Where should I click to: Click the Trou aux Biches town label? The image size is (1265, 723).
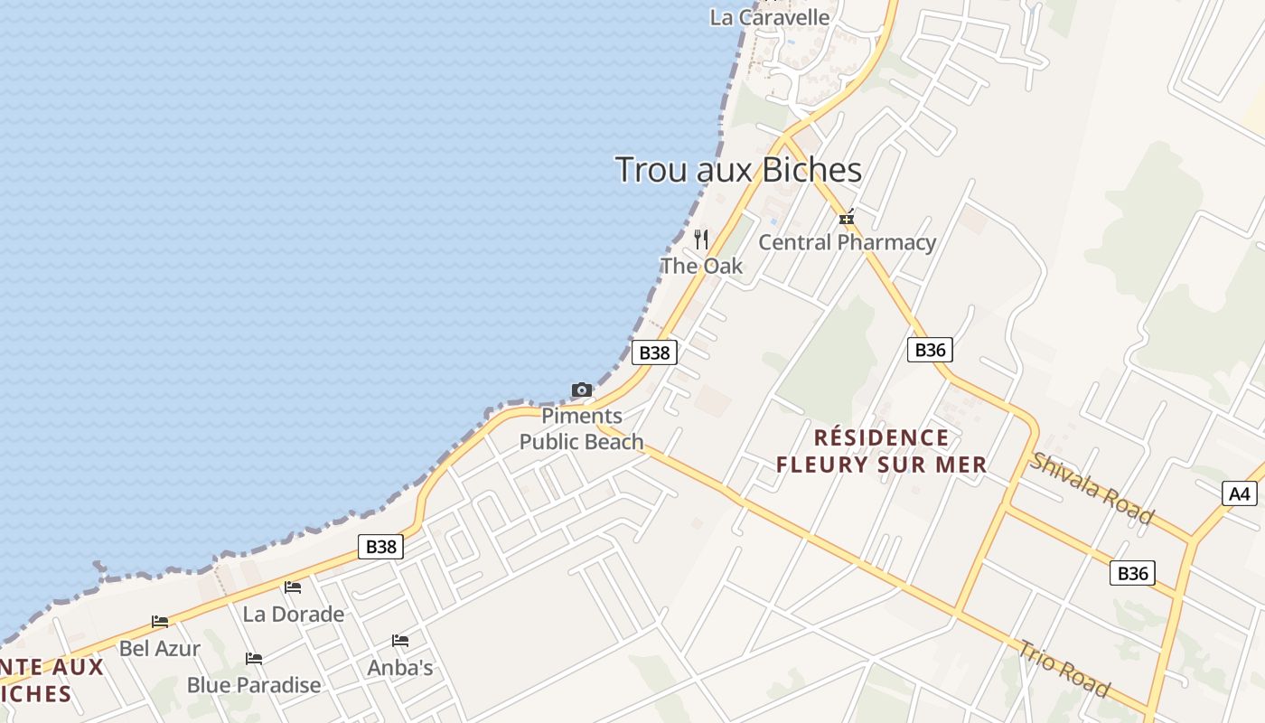738,170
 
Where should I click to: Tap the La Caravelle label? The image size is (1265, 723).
769,17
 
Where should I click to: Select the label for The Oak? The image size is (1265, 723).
701,266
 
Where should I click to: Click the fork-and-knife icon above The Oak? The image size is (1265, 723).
701,239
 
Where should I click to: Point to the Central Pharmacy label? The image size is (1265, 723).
847,242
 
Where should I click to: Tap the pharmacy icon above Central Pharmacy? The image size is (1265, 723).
847,218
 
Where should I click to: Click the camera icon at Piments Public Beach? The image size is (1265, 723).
582,390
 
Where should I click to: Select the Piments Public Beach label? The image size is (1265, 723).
582,429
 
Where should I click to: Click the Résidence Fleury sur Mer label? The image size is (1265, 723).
882,451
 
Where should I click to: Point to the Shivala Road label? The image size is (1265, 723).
1092,488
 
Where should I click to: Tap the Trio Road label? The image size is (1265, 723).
1064,669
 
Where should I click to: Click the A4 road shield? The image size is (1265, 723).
1241,493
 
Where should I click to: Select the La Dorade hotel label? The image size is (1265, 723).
294,615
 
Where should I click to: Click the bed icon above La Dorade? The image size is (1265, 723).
293,587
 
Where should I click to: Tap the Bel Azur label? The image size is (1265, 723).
160,648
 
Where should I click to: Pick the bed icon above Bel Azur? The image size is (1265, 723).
160,622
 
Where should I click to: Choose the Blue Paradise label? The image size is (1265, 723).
254,685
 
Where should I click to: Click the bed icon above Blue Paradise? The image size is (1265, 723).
254,659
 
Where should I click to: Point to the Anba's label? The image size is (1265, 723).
400,668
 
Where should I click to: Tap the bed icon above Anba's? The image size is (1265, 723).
400,641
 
